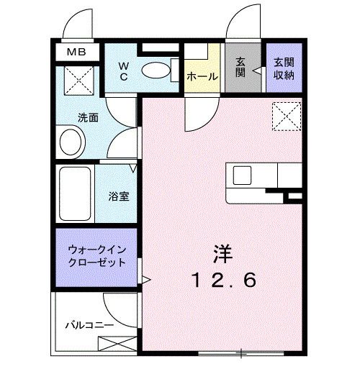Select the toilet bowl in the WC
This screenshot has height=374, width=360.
[x=153, y=70]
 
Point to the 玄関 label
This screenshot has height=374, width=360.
[x=240, y=68]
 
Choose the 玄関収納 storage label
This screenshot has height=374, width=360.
[x=280, y=68]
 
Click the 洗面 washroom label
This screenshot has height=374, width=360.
[x=89, y=117]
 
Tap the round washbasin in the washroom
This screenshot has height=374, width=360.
[x=71, y=141]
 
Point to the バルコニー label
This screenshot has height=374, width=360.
[x=89, y=325]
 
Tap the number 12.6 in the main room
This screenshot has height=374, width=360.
[x=223, y=280]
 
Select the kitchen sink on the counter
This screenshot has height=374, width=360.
[x=241, y=174]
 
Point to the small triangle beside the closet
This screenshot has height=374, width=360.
[x=145, y=279]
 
